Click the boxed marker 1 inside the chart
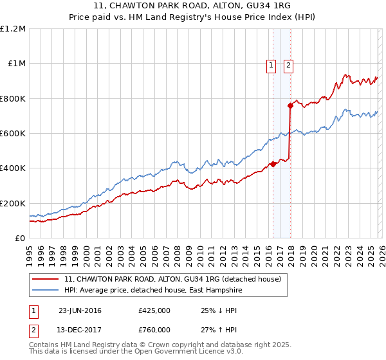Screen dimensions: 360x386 [x=271, y=64]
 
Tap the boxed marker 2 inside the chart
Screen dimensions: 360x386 [x=288, y=64]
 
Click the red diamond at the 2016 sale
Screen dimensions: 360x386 [x=273, y=164]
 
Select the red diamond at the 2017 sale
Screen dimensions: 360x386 [x=290, y=105]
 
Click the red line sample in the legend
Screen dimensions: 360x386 [x=46, y=280]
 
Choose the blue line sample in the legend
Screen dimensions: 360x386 [x=46, y=290]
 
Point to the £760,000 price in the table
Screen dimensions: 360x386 [x=154, y=330]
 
